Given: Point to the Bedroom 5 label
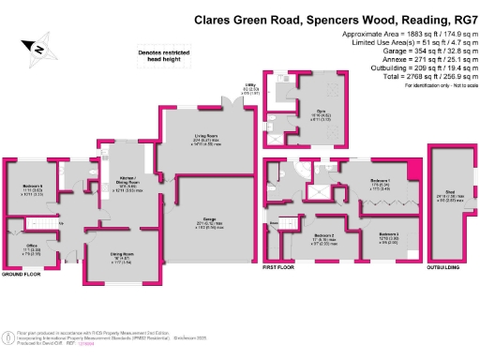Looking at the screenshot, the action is (34, 187).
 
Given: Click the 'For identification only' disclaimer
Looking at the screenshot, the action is (436, 85).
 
